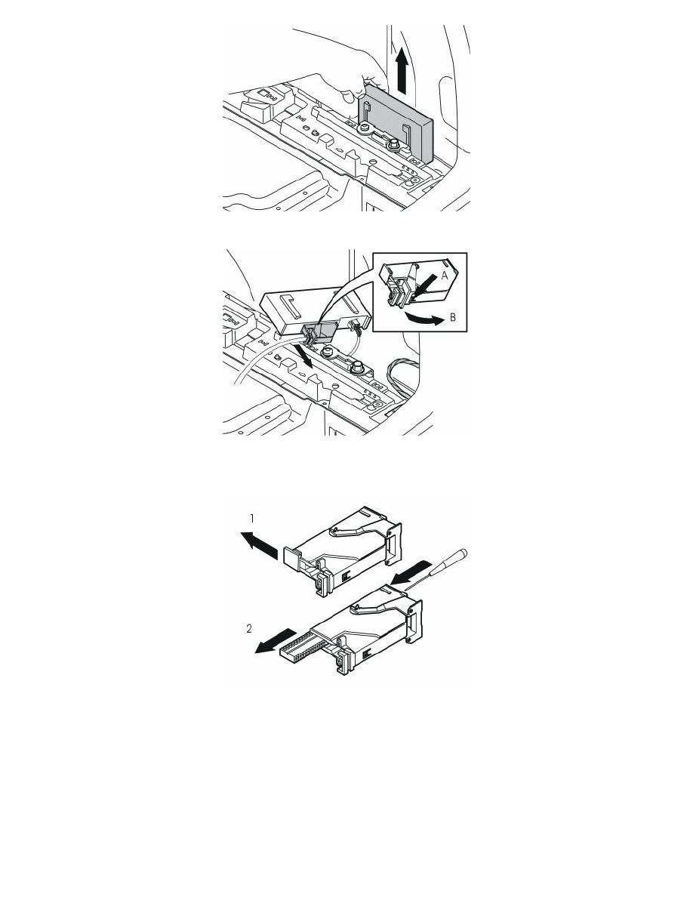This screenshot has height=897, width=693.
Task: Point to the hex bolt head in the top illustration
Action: pyautogui.click(x=393, y=145)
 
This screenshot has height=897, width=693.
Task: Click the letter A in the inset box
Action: pyautogui.click(x=444, y=276)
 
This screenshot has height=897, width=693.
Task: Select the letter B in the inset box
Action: pyautogui.click(x=453, y=317)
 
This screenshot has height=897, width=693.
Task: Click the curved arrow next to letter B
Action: pyautogui.click(x=423, y=319)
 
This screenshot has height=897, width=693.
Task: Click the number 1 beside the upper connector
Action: pyautogui.click(x=251, y=518)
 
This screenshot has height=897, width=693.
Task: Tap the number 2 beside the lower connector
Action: pyautogui.click(x=248, y=629)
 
